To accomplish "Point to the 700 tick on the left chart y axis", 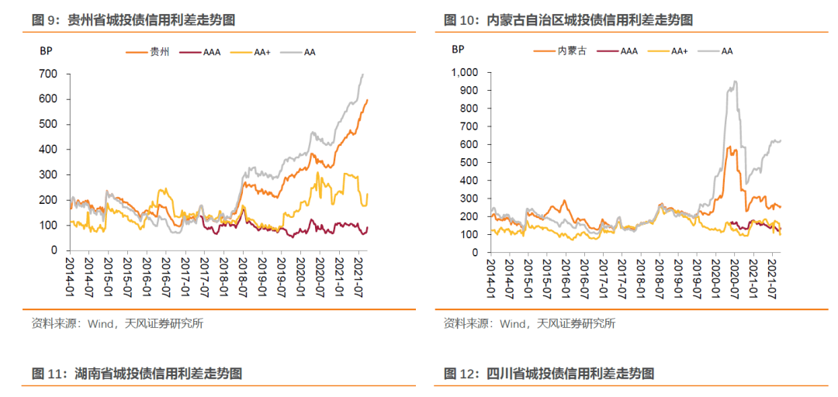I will point(48,74).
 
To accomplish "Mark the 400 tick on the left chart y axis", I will point(48,149).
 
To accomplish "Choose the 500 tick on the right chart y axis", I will point(471,163).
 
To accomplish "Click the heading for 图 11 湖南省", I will point(137,374).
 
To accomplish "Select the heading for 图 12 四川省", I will point(549,374).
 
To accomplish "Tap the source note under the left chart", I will point(117,323).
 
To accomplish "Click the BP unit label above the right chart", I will point(458,50).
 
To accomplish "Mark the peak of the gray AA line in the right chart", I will point(734,81).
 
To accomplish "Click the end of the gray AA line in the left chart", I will point(363,74).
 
